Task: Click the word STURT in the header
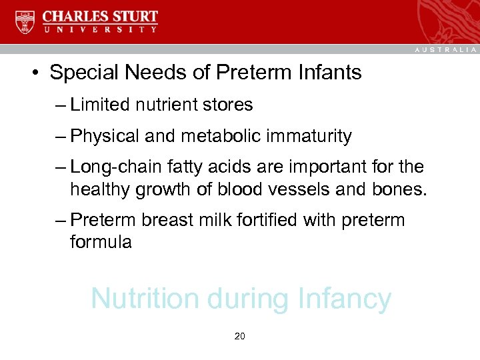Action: click(133, 15)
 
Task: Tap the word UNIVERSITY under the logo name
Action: click(101, 30)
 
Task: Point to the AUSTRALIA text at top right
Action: click(446, 49)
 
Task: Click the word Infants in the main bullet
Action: click(331, 72)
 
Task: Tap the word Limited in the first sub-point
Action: click(99, 105)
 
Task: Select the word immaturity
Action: click(309, 136)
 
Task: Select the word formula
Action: click(101, 241)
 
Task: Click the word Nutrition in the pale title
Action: click(145, 299)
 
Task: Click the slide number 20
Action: click(240, 336)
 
